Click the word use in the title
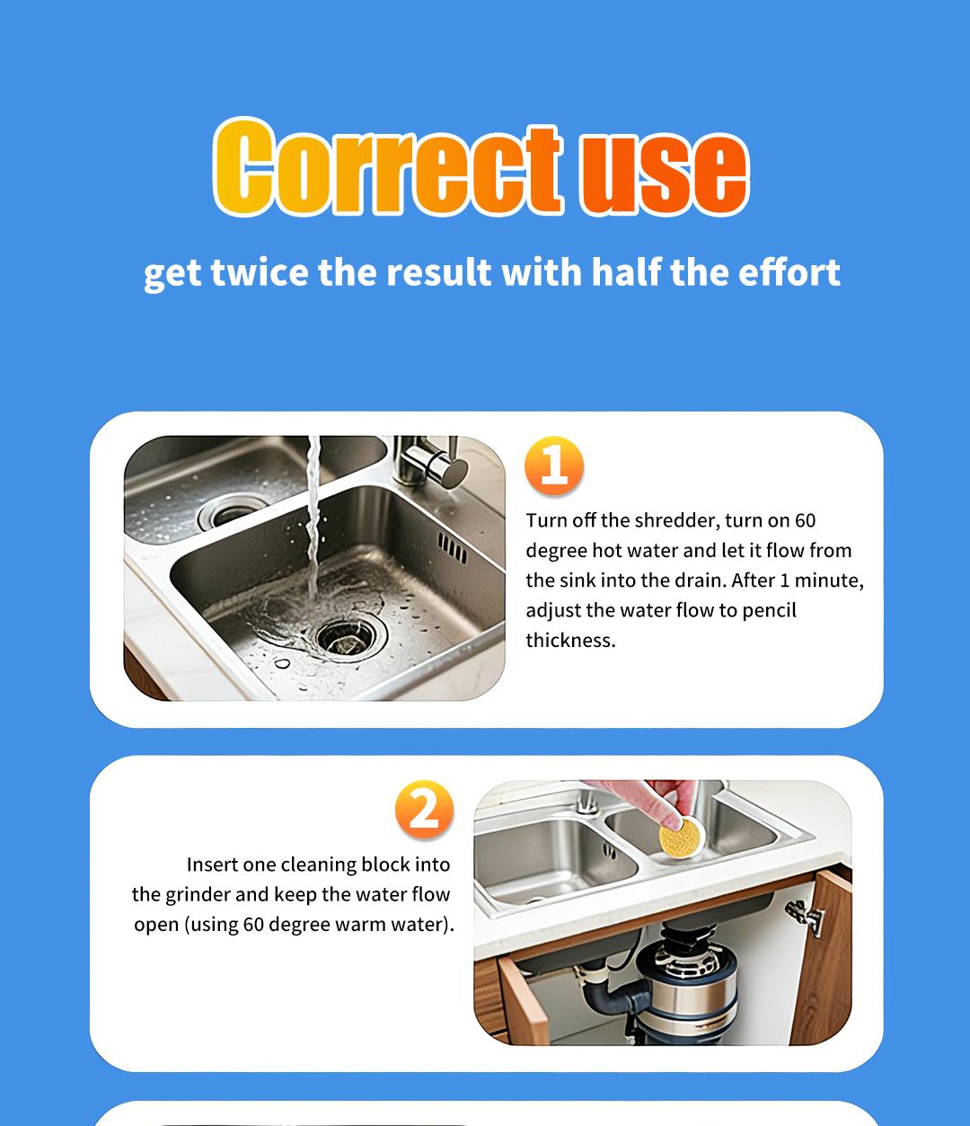click(664, 171)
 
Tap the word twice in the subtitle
click(260, 272)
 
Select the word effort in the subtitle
click(789, 271)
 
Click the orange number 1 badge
click(554, 466)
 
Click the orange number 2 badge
click(424, 810)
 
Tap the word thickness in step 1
click(570, 641)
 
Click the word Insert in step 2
click(209, 864)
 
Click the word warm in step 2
click(358, 924)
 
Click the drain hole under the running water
click(340, 635)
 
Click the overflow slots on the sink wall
click(453, 547)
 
